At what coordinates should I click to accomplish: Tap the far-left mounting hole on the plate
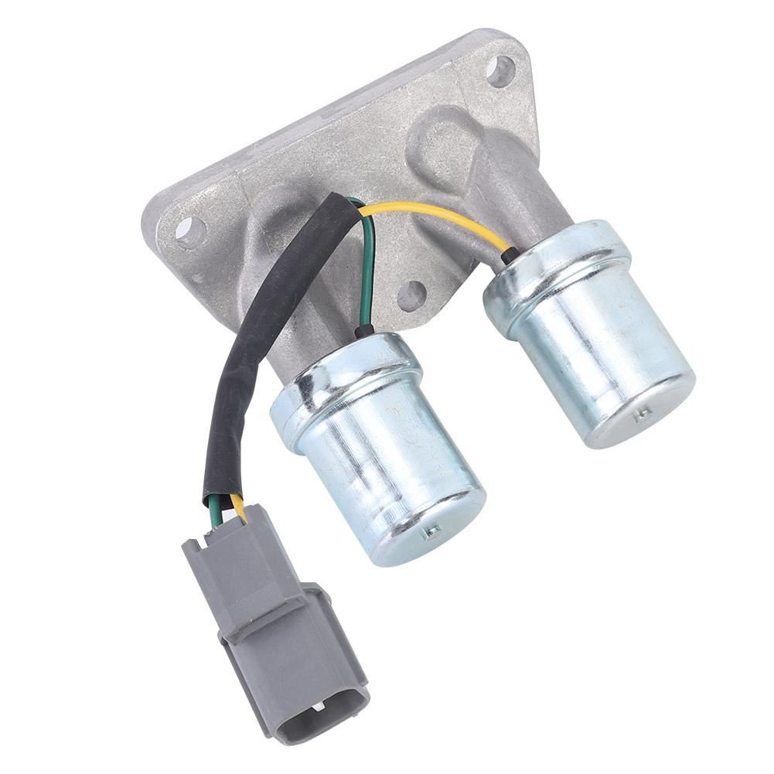pyautogui.click(x=190, y=230)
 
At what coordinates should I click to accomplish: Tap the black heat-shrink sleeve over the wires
pyautogui.click(x=255, y=340)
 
